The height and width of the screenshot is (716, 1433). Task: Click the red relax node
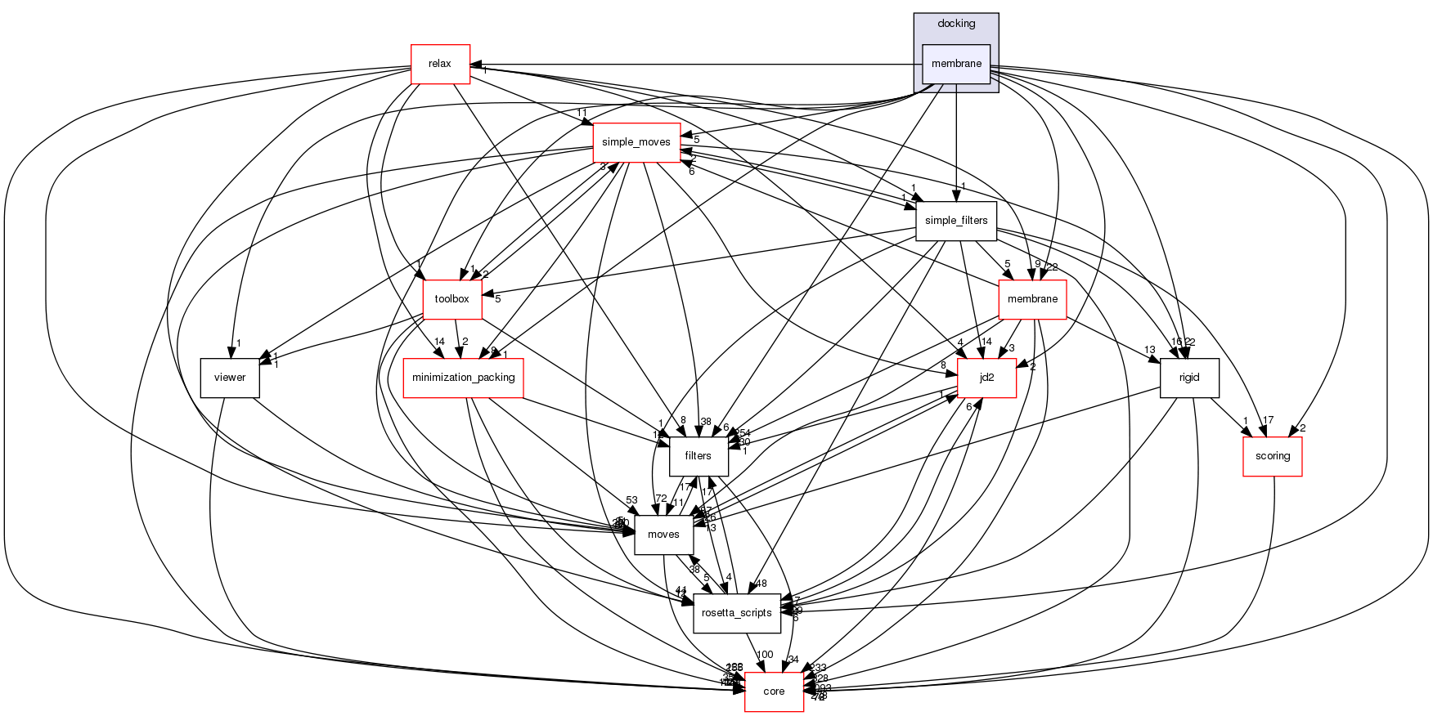coord(440,64)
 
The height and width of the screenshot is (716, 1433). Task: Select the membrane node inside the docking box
coord(956,64)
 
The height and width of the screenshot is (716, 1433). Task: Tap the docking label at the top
coord(956,24)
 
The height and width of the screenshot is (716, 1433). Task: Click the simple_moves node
coord(636,142)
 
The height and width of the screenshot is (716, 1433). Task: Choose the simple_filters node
coord(956,221)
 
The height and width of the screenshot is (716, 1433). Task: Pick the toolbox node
coord(451,299)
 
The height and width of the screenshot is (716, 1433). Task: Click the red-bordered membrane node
coord(1032,299)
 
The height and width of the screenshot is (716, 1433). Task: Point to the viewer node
coord(230,378)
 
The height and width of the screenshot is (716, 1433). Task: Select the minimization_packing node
coord(464,378)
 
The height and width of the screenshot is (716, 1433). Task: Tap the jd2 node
coord(986,378)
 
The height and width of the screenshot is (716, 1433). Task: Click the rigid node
coord(1189,378)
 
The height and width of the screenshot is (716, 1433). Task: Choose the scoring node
coord(1272,456)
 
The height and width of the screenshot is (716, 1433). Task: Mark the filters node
coord(698,456)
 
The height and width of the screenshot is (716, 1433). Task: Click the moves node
coord(663,535)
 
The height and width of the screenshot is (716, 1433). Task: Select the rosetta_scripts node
coord(737,613)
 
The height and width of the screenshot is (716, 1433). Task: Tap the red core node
coord(774,691)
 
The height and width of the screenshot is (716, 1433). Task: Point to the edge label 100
coord(765,655)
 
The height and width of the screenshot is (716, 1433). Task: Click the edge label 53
coord(631,500)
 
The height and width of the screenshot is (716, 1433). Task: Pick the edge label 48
coord(761,584)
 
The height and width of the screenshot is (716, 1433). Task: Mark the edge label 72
coord(661,499)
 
